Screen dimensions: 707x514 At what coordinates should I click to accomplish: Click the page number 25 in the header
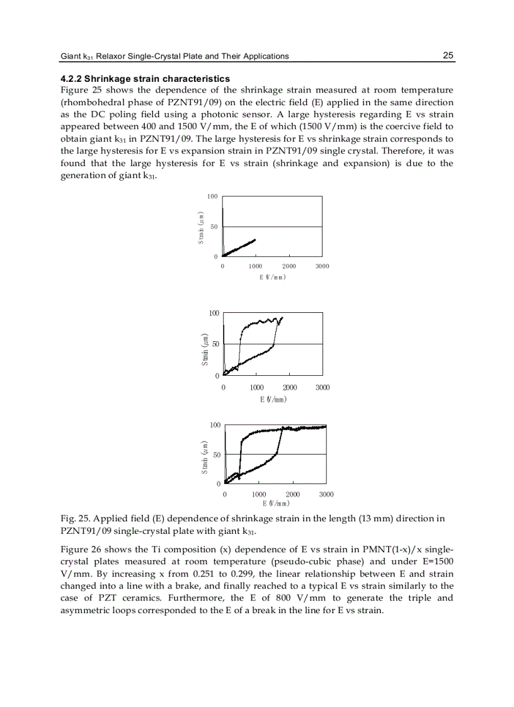448,55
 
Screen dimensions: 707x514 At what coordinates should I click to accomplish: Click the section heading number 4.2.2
71,79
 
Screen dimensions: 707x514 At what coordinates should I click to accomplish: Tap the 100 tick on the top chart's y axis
212,197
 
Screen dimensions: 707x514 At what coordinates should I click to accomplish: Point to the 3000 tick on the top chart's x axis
322,266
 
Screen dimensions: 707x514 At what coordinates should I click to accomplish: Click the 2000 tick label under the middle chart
290,388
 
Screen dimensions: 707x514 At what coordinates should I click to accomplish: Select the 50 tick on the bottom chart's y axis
216,455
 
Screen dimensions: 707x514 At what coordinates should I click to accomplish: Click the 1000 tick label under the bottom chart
259,495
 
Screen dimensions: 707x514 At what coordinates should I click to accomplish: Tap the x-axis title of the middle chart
273,399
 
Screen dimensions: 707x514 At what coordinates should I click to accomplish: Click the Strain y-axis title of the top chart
201,227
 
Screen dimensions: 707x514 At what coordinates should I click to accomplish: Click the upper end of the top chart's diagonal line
255,240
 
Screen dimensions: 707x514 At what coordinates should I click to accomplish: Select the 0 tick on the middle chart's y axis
217,376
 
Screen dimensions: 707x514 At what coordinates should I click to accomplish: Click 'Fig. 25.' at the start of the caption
74,519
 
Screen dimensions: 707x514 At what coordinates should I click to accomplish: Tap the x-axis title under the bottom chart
275,503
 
